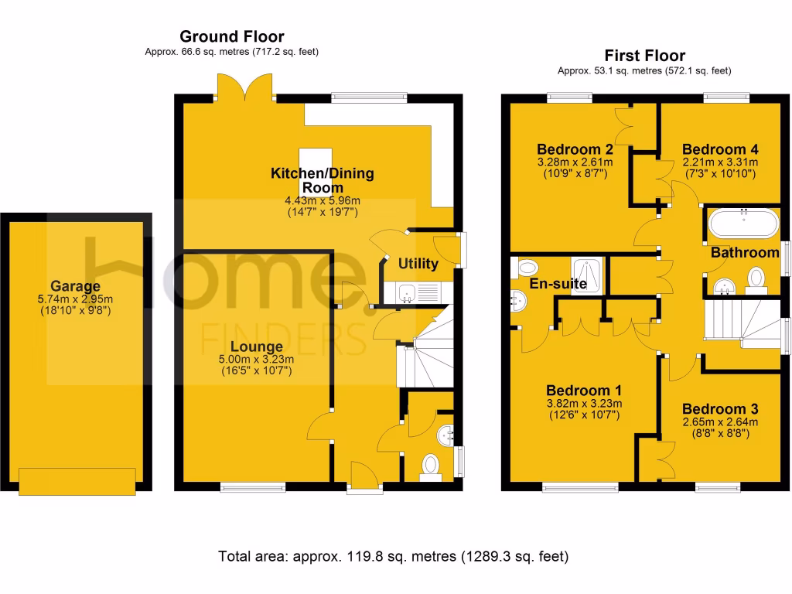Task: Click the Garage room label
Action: [x=76, y=286]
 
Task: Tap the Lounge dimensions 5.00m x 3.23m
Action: [x=255, y=360]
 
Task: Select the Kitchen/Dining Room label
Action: [x=322, y=179]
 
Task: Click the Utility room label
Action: [x=418, y=264]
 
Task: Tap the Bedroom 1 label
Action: [x=584, y=391]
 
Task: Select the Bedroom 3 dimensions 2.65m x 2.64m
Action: [x=720, y=422]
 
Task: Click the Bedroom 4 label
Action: [x=719, y=149]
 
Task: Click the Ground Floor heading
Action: [x=231, y=36]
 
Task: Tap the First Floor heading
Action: [x=644, y=56]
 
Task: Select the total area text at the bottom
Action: [x=394, y=555]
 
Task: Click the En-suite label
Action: [x=558, y=284]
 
